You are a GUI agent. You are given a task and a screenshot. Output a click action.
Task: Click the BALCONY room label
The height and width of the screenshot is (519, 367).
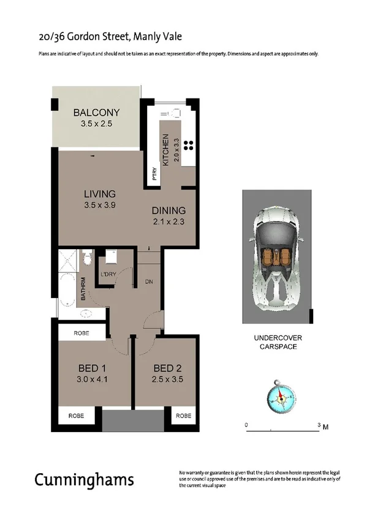[96, 113]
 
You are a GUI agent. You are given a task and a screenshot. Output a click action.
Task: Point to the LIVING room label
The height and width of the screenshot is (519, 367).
[99, 194]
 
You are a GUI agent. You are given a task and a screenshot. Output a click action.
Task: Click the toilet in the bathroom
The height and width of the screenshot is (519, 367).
[88, 256]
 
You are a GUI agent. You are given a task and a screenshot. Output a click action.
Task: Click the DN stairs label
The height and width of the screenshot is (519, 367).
[148, 282]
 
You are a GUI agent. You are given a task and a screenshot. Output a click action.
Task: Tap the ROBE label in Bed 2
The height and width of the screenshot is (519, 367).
[183, 416]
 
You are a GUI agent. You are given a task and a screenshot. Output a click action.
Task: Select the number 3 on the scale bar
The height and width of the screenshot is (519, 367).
[318, 424]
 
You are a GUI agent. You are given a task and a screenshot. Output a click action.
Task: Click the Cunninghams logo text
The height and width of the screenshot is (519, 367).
[84, 480]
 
